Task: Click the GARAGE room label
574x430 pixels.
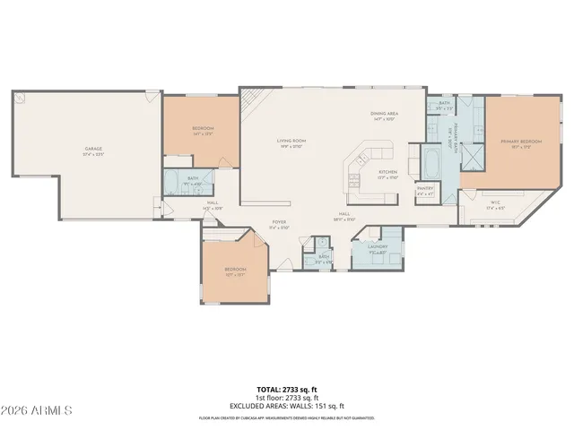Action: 94,150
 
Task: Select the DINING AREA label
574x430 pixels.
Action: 386,114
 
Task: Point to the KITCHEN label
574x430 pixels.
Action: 387,173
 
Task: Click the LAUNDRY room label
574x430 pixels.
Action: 378,248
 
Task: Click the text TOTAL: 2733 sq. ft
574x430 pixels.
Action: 287,390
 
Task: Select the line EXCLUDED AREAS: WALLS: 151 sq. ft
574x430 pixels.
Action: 287,406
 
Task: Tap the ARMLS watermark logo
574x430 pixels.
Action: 38,410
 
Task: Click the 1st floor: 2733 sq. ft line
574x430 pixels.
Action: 287,398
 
